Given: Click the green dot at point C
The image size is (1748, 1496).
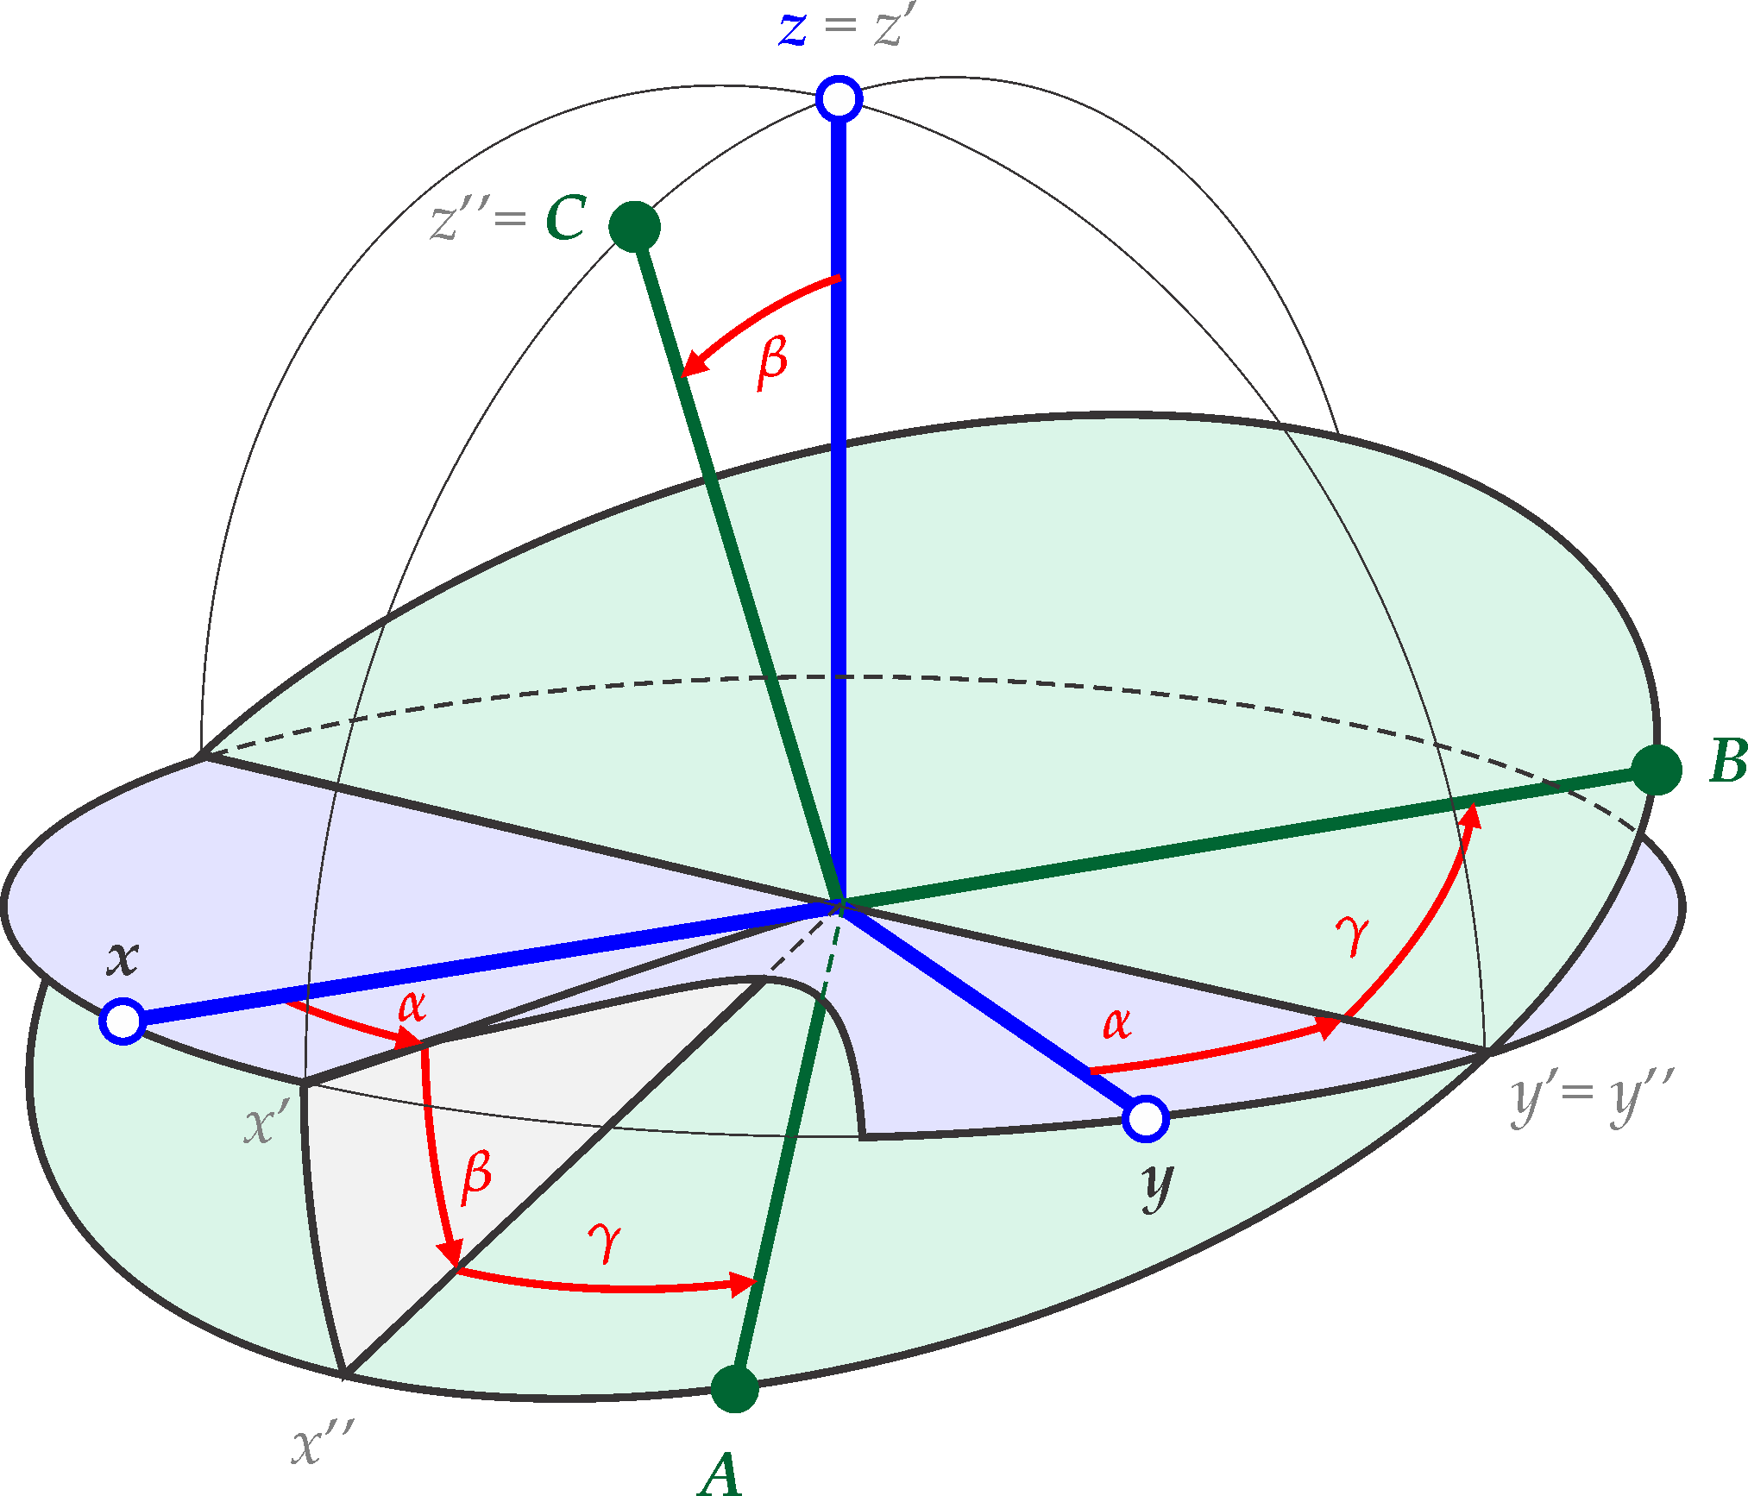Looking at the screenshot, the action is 634,227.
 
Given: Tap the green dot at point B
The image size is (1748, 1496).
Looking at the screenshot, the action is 1657,769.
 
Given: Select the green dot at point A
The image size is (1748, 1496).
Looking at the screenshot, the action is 734,1388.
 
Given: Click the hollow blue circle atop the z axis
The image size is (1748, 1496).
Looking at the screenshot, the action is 839,98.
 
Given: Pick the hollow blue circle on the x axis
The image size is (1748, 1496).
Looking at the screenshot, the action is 123,1021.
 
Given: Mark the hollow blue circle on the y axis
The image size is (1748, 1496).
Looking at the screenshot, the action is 1146,1118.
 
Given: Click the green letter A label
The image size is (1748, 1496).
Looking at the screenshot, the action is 720,1473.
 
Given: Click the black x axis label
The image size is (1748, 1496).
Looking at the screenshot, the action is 123,958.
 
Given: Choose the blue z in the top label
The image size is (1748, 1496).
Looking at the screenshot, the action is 793,28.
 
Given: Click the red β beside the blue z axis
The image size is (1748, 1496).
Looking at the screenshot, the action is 772,362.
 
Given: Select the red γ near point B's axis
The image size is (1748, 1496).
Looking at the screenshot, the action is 1352,935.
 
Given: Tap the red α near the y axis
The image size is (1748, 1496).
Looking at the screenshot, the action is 1116,1023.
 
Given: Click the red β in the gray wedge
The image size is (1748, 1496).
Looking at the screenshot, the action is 476,1178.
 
